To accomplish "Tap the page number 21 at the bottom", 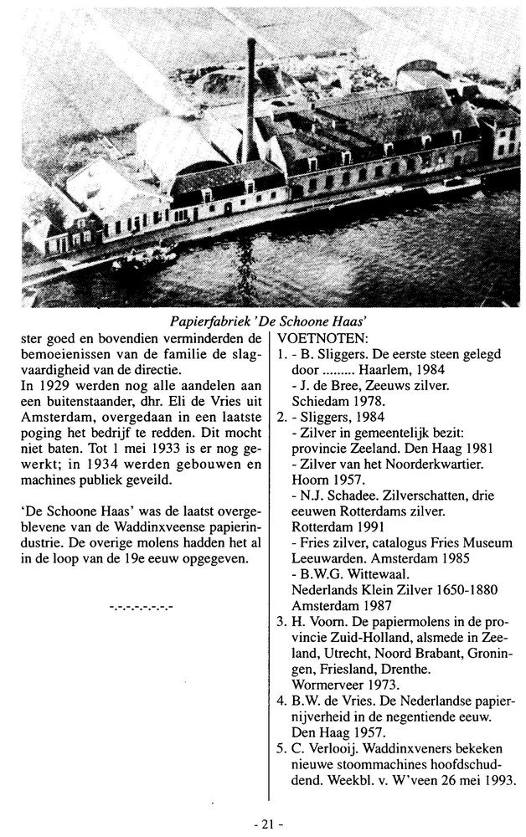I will (267, 824).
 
